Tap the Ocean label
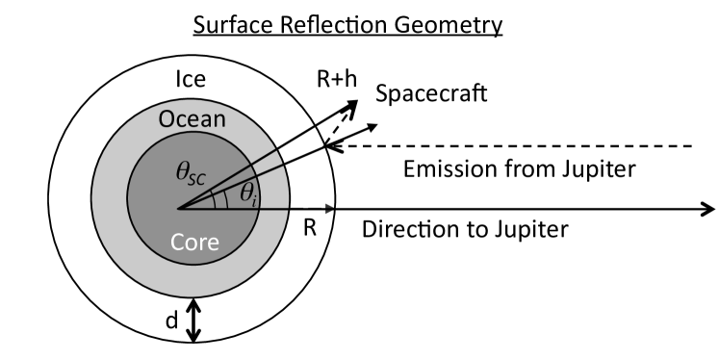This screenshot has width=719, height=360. pyautogui.click(x=192, y=121)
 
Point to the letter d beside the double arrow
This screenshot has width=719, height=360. pyautogui.click(x=172, y=321)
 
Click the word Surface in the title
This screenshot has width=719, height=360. pyautogui.click(x=229, y=23)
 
